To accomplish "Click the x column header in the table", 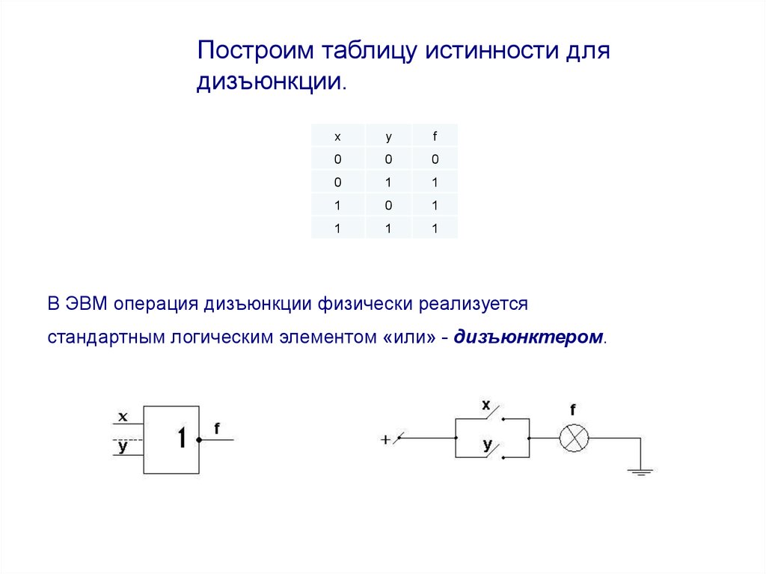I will (337, 136).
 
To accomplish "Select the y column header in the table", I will (388, 136).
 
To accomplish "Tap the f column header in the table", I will (434, 136).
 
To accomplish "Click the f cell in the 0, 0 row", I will (434, 159).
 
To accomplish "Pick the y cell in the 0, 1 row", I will (388, 182).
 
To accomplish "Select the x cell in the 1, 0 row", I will (337, 205).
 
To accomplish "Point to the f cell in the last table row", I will (434, 229).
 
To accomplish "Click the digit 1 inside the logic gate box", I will (181, 438).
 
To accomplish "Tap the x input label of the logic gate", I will (123, 416).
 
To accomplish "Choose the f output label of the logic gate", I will (217, 428).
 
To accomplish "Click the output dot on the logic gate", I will (200, 439).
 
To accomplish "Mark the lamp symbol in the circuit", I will (574, 438).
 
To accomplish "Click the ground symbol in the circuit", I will (640, 471).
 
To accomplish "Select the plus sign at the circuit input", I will (385, 440).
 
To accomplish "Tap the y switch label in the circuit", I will (487, 445).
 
